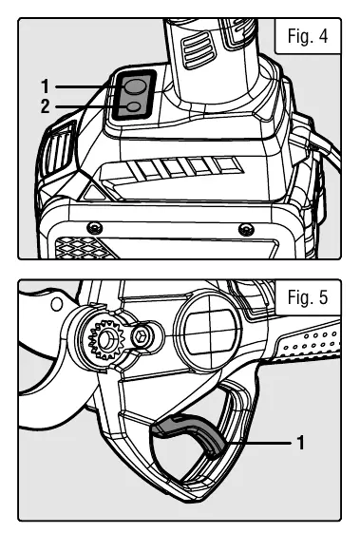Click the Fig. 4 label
[x=308, y=36]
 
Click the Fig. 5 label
[x=308, y=297]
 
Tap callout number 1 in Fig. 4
[x=46, y=86]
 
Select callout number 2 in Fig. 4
[x=46, y=106]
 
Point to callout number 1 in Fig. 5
[x=300, y=443]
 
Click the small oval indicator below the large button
[x=133, y=106]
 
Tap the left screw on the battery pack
[x=94, y=228]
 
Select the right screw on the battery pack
[x=246, y=230]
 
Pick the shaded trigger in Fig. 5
[x=189, y=431]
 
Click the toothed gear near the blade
[x=106, y=339]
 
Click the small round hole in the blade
[x=57, y=303]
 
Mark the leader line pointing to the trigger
[x=256, y=443]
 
